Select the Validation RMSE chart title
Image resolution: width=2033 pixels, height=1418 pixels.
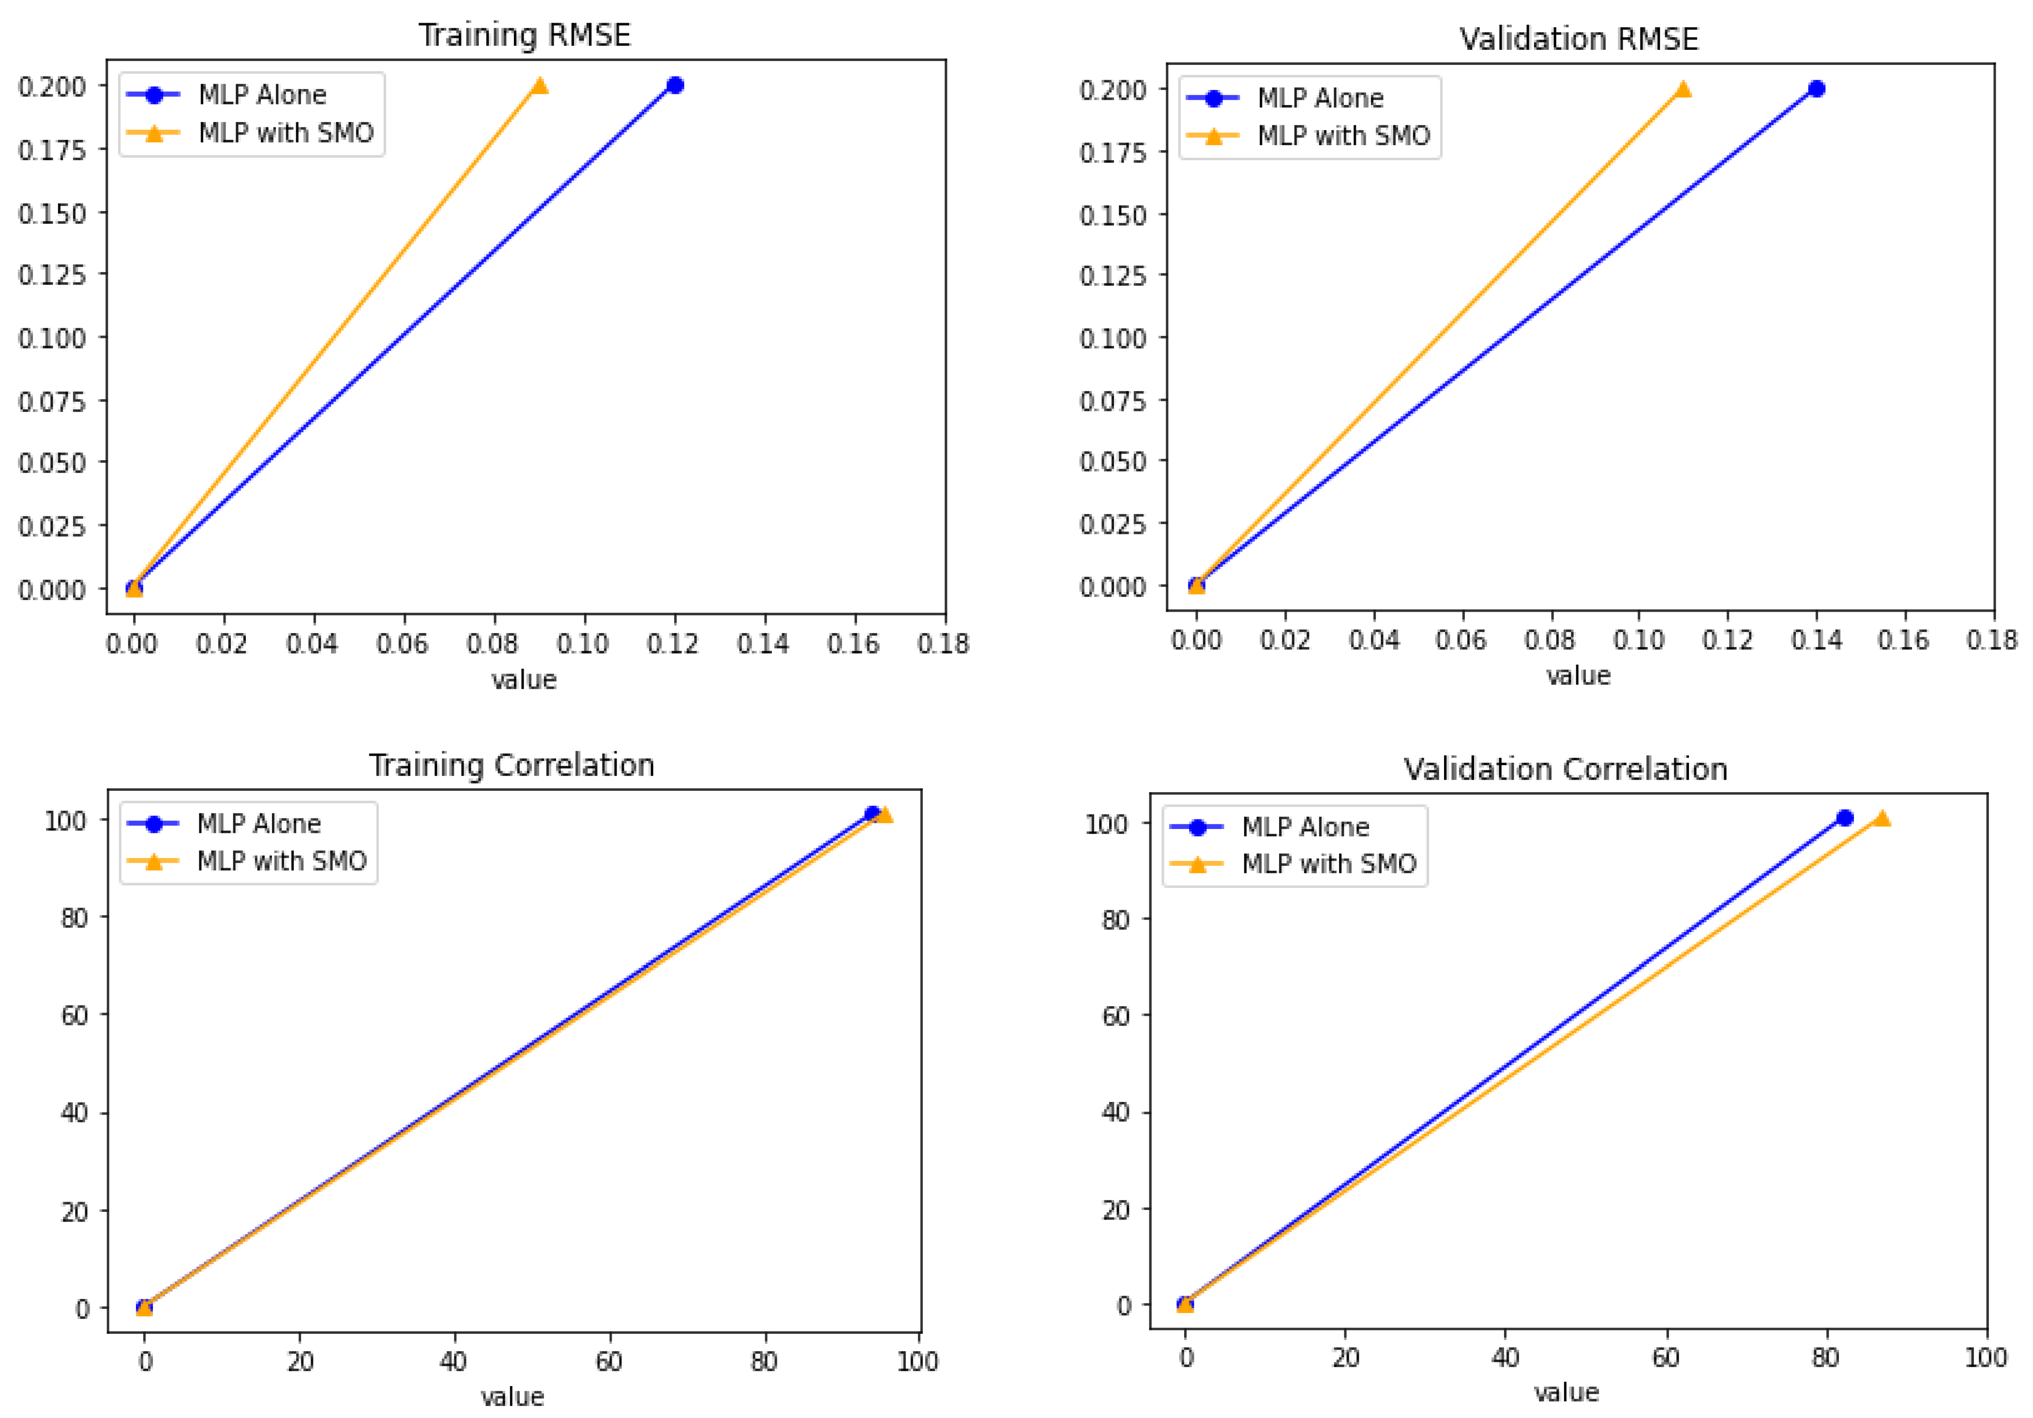coord(1579,39)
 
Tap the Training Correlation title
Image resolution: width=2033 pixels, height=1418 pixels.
coord(512,765)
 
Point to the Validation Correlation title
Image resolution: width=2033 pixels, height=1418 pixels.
coord(1566,769)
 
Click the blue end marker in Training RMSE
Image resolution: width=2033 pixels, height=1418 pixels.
coord(675,85)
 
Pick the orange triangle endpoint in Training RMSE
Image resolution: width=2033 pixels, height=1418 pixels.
coord(539,85)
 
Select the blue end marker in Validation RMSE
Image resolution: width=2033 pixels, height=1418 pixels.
coord(1816,89)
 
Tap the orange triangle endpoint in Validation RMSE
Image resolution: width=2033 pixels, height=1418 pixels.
coord(1682,89)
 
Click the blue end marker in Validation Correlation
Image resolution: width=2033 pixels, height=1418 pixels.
coord(1844,817)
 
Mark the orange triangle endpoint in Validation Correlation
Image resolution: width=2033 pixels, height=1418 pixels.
coord(1882,817)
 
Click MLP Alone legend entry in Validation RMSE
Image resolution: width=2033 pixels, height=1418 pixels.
coord(1319,98)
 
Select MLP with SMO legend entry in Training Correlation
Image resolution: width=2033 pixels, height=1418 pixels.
coord(282,861)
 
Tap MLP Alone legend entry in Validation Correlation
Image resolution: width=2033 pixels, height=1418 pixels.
coord(1305,827)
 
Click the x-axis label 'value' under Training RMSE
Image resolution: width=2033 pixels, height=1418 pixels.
coord(524,680)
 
